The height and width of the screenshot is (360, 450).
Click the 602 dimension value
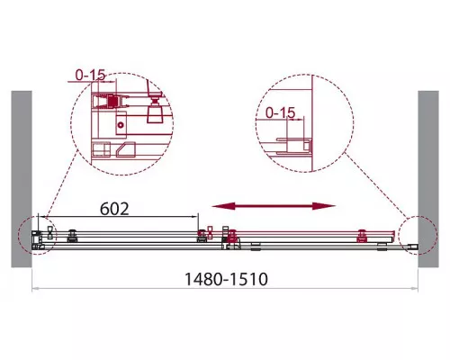114,209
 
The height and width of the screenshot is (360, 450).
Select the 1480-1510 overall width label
226,279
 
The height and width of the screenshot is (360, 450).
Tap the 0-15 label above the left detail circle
90,76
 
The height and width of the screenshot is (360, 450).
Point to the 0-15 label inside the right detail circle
281,112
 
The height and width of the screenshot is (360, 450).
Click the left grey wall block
22,179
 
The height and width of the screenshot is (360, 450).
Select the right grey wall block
428,179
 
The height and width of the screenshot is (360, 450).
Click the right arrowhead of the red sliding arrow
324,206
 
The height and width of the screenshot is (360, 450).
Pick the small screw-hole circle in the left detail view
121,125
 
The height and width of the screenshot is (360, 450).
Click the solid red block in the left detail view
112,102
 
